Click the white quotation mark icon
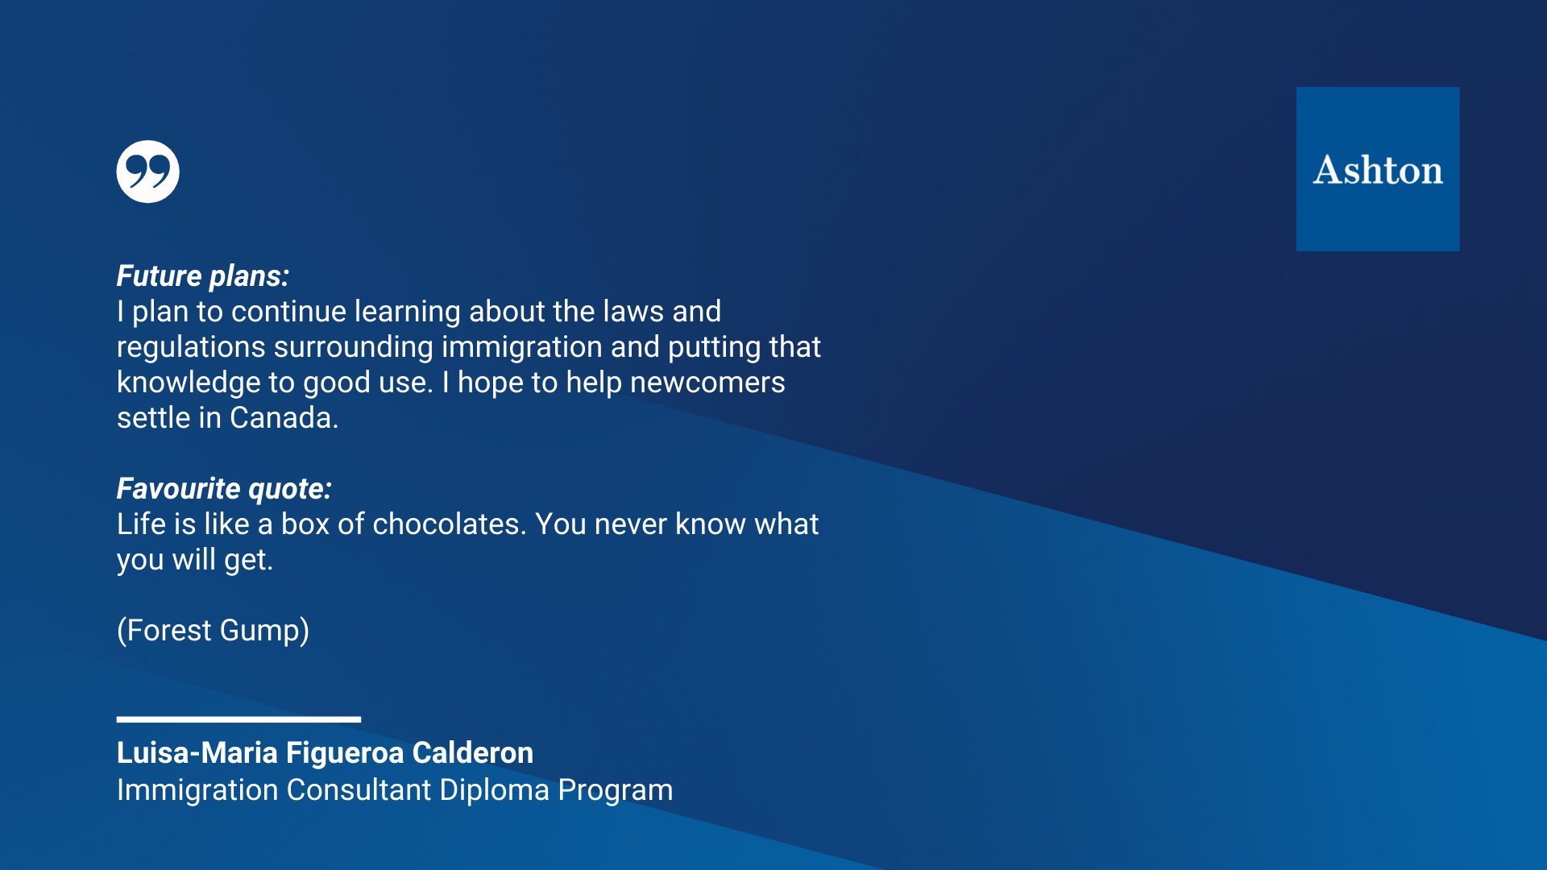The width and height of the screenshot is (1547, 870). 147,172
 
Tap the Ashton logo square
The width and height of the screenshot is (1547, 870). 1378,169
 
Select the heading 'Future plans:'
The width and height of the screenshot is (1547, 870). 203,276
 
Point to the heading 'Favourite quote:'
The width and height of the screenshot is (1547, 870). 224,489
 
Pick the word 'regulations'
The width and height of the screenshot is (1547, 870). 191,348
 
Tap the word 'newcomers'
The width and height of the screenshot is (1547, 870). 707,383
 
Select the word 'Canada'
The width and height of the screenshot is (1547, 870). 281,418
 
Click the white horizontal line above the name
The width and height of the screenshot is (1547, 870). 238,719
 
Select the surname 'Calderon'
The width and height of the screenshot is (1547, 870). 473,753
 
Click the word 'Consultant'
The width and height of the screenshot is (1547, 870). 359,790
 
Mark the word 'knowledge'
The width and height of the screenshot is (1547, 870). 182,383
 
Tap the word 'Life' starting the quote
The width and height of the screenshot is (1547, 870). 142,524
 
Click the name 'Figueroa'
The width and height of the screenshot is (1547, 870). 345,754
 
